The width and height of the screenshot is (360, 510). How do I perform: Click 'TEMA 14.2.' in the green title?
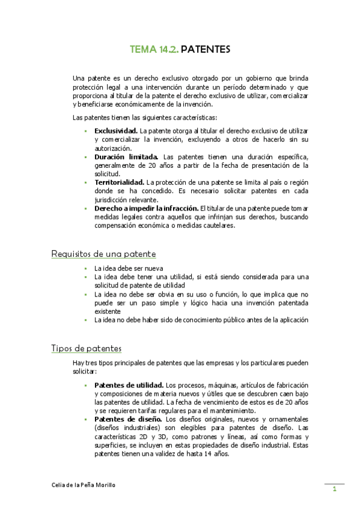click(154, 50)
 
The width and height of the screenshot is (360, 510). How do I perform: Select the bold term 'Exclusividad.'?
click(116, 131)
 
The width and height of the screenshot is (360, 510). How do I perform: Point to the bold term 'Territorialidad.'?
click(119, 182)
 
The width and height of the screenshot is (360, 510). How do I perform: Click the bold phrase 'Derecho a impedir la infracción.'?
click(146, 209)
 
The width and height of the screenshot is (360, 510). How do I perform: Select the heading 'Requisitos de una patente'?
click(104, 254)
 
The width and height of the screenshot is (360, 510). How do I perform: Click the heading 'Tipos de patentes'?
click(87, 349)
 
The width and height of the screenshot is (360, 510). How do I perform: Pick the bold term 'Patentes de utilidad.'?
click(129, 385)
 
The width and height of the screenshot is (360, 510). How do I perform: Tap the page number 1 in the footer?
click(334, 490)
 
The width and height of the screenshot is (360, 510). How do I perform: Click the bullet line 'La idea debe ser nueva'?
click(129, 268)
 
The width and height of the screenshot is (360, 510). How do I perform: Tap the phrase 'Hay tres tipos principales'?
click(112, 363)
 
